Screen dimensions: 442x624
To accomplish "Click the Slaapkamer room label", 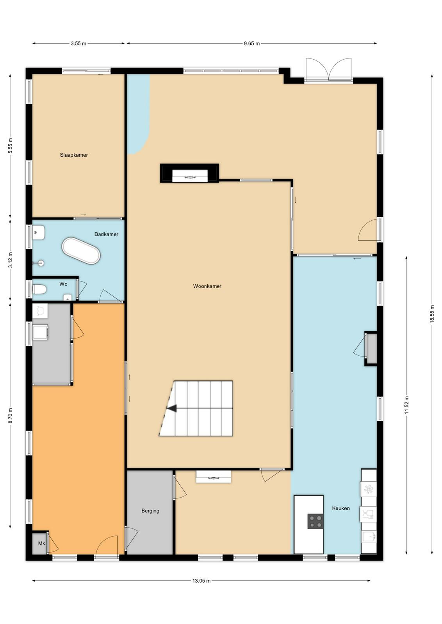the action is tap(74, 155).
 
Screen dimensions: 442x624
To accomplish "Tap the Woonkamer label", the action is tap(207, 286).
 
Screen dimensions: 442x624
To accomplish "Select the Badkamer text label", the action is tap(106, 234).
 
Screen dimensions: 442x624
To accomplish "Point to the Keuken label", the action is tap(341, 508).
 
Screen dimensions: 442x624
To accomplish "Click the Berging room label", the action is tap(150, 511).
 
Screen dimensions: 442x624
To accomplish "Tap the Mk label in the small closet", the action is tap(41, 543).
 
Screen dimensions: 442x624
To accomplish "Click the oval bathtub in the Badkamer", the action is tap(81, 251).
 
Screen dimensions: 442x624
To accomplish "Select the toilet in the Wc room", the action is tap(39, 289).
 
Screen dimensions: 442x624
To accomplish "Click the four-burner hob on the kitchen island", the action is tap(315, 521).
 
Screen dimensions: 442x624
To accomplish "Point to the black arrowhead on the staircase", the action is tap(172, 409).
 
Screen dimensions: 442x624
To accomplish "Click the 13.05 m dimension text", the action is tap(201, 581).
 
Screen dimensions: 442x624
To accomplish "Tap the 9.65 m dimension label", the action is tap(252, 43).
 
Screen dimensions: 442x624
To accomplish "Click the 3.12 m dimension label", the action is tap(10, 260).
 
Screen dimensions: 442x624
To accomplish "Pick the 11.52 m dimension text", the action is tap(406, 405).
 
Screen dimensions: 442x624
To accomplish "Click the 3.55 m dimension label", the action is tap(78, 43).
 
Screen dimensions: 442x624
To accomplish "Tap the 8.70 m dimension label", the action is tap(10, 416).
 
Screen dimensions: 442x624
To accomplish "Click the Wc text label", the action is tap(63, 284).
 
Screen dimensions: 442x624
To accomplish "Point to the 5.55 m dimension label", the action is tap(10, 146).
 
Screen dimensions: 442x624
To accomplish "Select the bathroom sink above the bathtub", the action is tap(39, 232).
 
